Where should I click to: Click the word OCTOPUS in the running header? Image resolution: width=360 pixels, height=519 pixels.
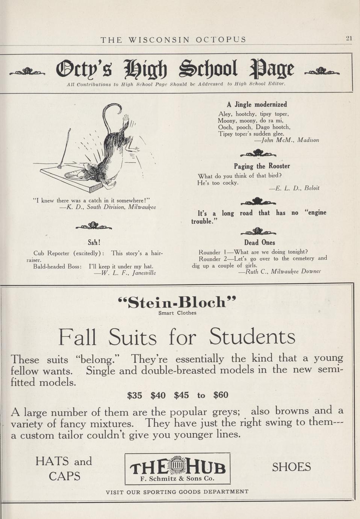221,39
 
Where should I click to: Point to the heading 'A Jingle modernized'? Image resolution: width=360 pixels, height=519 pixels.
257,105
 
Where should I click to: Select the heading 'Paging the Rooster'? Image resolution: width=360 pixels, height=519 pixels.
262,166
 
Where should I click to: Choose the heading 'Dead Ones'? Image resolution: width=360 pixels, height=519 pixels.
259,243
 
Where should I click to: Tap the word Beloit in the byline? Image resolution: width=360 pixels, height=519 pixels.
312,188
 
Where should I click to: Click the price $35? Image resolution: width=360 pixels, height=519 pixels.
135,395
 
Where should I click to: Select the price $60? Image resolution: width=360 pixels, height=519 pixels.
221,395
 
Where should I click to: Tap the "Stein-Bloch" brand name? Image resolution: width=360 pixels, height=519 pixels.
177,302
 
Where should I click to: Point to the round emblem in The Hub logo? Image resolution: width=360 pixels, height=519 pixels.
178,467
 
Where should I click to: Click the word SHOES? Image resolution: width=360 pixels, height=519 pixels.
291,467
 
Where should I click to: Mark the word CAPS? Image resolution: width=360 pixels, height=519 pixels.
64,476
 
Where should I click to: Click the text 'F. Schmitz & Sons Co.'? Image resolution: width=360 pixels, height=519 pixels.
177,479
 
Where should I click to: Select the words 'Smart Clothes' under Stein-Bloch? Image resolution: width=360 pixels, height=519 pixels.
177,313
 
